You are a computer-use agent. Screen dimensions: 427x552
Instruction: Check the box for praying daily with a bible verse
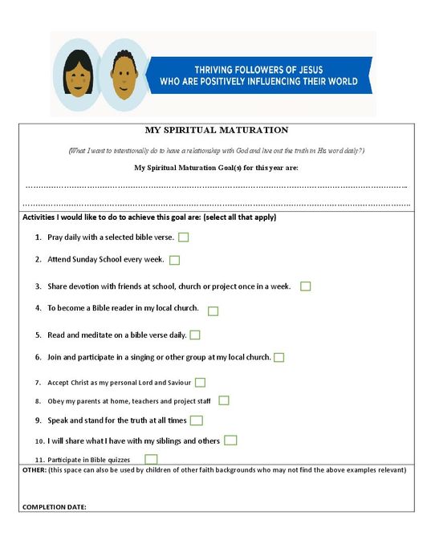(184, 237)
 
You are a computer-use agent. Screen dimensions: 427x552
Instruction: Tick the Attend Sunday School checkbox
(175, 260)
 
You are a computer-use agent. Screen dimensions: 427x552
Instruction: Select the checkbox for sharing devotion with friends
(306, 286)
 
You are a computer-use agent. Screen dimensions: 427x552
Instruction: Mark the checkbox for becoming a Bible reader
(213, 310)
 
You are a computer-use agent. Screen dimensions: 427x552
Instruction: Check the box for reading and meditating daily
(195, 335)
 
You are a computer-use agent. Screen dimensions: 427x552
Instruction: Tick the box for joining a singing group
(279, 357)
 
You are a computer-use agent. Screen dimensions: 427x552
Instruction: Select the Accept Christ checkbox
(200, 383)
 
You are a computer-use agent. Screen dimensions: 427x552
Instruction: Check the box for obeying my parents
(224, 400)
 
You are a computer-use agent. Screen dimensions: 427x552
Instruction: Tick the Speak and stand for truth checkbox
(197, 420)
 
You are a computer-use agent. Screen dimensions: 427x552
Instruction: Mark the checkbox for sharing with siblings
(230, 440)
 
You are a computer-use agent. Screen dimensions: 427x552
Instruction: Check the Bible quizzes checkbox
(151, 459)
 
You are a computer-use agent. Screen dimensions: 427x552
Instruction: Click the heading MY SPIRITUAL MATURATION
(216, 130)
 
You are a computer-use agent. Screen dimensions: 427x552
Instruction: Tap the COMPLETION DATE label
(55, 506)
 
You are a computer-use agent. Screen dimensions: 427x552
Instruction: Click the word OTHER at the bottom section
(34, 470)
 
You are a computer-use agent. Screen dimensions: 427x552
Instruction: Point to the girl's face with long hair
(77, 74)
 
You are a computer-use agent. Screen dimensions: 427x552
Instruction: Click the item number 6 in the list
(38, 357)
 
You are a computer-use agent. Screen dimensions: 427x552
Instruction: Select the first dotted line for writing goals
(216, 187)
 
